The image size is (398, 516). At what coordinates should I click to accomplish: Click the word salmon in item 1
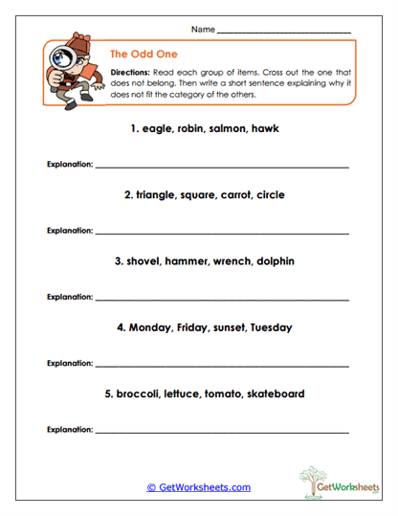(x=219, y=128)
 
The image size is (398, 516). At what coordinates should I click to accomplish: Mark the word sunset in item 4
(x=222, y=327)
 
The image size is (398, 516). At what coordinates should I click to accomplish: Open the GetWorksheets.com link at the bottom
(x=199, y=487)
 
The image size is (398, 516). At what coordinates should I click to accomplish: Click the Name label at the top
(x=203, y=30)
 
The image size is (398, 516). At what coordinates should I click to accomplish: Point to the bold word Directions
(x=129, y=73)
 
